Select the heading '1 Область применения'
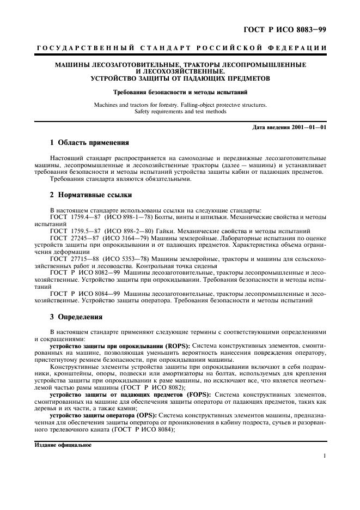click(x=89, y=143)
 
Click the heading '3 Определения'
click(x=77, y=316)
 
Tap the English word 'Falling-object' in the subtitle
click(x=186, y=103)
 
